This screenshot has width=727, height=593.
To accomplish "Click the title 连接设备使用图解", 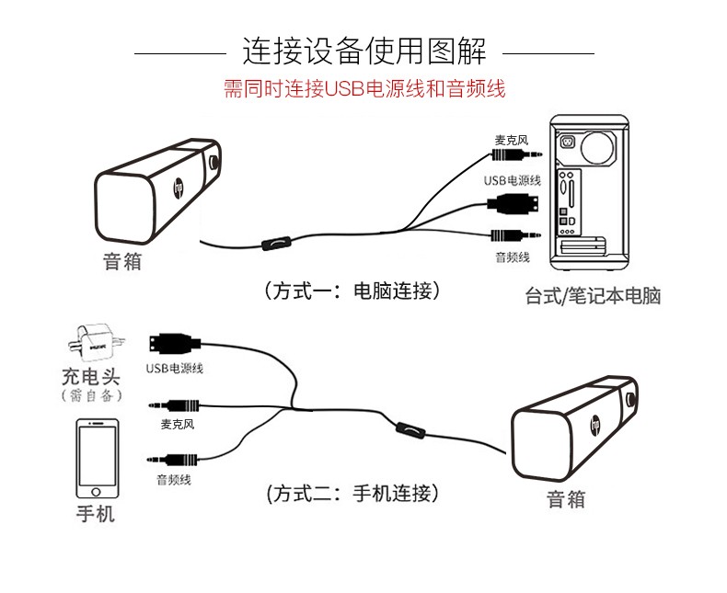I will [363, 50].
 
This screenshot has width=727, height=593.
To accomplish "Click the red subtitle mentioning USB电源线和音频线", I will [364, 90].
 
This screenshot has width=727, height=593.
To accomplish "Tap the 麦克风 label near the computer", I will [511, 140].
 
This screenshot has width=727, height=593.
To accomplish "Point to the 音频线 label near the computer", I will [513, 257].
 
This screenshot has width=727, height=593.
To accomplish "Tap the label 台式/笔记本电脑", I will [593, 296].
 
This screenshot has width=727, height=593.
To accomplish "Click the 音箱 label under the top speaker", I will [121, 261].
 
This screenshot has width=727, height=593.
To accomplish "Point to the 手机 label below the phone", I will [95, 513].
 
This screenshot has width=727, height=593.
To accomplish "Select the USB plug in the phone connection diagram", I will [169, 345].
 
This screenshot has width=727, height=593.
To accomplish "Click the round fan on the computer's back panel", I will [602, 147].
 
